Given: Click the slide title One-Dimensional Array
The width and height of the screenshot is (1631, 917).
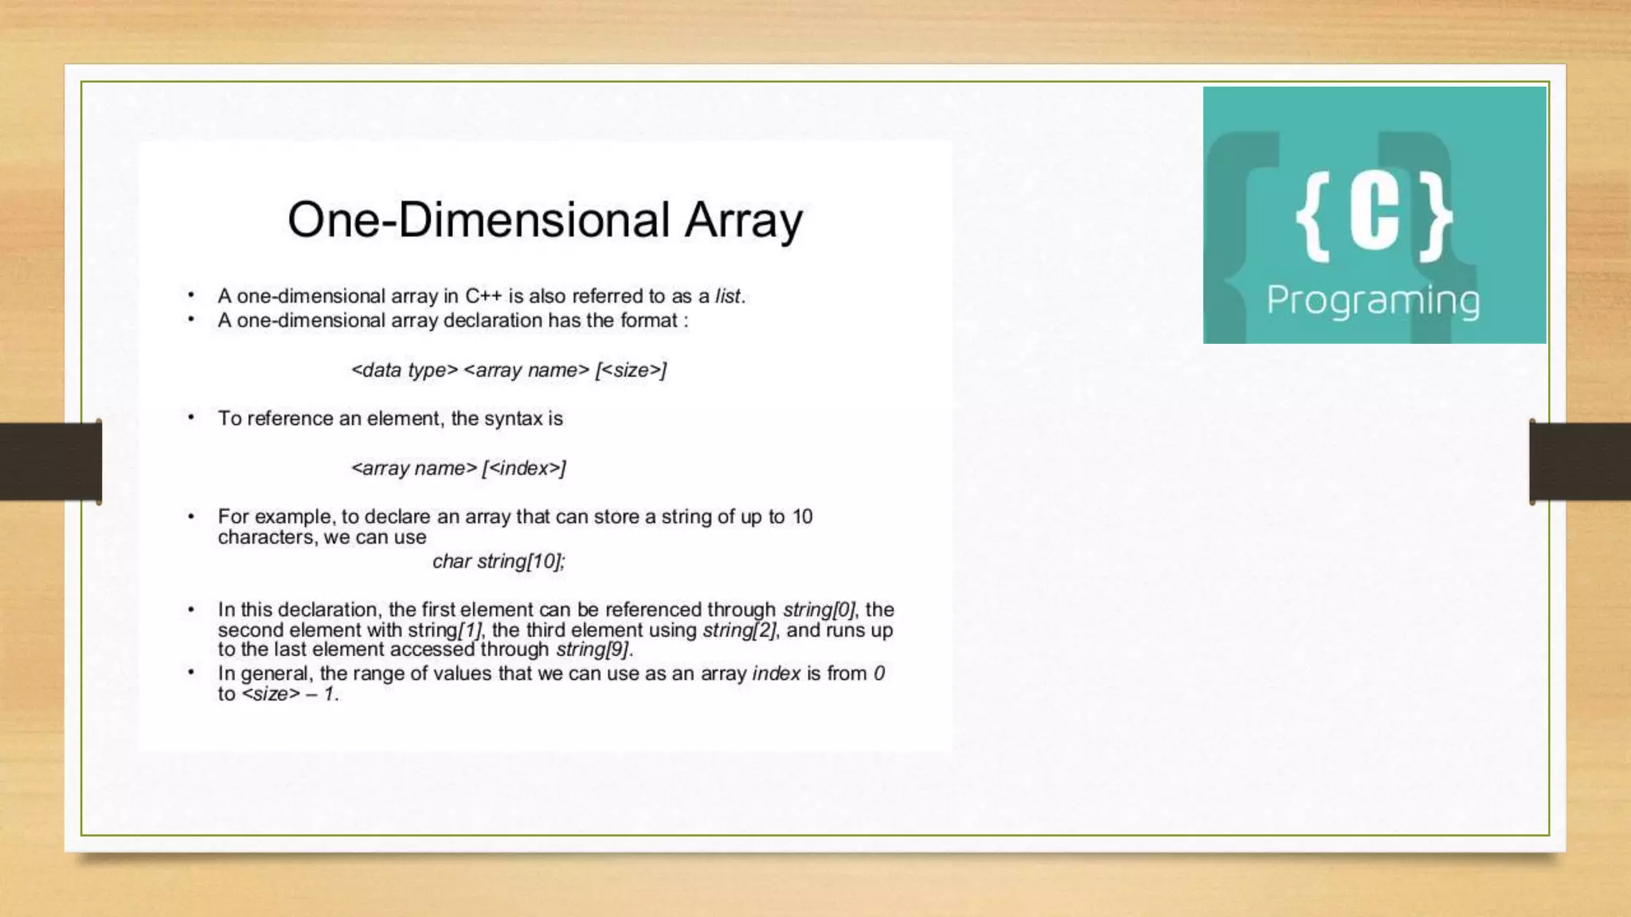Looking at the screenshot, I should coord(545,220).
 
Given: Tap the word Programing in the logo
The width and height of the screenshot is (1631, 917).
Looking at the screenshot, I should coord(1373,300).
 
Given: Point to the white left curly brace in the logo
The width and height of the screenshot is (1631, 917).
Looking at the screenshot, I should coord(1312,217).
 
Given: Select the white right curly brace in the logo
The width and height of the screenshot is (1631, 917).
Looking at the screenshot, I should coord(1436,217).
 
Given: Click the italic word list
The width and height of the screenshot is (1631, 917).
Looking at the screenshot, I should coord(728,296).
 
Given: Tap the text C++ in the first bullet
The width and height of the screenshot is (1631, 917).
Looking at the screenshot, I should coord(483,296).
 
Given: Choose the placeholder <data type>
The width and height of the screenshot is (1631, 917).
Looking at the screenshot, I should coord(405,370).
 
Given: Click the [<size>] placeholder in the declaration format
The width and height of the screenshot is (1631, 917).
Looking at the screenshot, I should coord(631,370).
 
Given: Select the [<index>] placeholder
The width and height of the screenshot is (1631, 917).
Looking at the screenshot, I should coord(524,468).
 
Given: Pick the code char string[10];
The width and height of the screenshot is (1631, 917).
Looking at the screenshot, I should coord(499,561).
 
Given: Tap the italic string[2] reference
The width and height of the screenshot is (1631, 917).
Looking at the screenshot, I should coord(738,630).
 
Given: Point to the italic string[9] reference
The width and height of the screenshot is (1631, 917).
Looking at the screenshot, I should coord(593,650).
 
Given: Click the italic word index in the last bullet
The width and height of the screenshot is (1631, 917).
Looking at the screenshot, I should coord(776,673).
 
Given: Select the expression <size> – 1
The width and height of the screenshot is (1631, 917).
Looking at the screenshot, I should coord(290,694).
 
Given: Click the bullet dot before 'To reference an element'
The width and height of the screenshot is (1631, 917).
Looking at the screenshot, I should coord(191,417).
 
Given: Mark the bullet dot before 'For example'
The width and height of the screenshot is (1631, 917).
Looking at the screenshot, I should coord(191,517).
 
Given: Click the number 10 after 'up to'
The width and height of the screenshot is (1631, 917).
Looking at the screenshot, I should coord(802,517).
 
